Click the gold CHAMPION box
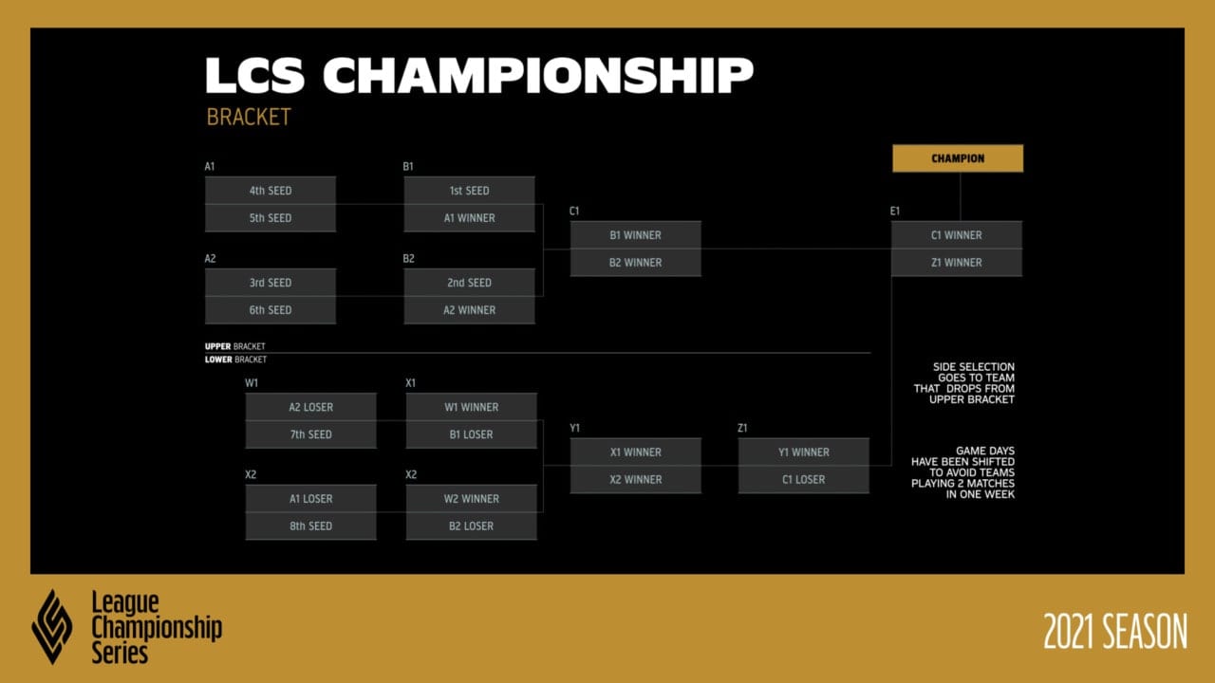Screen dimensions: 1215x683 tap(958, 158)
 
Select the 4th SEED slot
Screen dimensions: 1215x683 tap(271, 191)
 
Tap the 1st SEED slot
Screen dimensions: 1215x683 tap(469, 191)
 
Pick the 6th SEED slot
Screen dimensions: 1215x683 tap(271, 310)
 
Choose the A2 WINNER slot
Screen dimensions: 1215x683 tap(469, 310)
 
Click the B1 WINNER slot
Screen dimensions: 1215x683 tap(635, 235)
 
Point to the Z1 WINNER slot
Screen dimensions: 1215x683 tap(956, 263)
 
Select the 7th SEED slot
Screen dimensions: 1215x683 tap(310, 434)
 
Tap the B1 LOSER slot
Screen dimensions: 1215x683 tap(472, 434)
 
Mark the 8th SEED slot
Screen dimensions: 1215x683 tap(310, 526)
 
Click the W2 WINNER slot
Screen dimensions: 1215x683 tap(472, 499)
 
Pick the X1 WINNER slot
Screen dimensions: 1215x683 tap(635, 452)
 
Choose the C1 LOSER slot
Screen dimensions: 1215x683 tap(803, 480)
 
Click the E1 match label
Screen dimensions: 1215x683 tap(895, 211)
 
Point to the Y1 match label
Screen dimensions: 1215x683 tap(575, 428)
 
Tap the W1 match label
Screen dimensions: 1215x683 tap(252, 382)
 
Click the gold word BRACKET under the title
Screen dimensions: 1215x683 tap(249, 117)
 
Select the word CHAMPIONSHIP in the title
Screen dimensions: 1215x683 tap(538, 75)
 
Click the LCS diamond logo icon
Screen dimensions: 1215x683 tap(52, 627)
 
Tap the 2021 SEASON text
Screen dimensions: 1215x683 tap(1115, 631)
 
